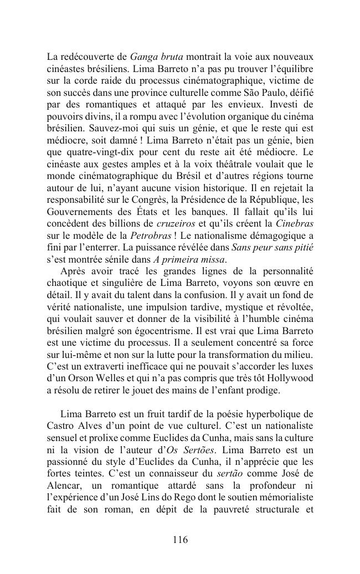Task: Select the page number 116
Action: pos(180,540)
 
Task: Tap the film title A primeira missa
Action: pos(192,260)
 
